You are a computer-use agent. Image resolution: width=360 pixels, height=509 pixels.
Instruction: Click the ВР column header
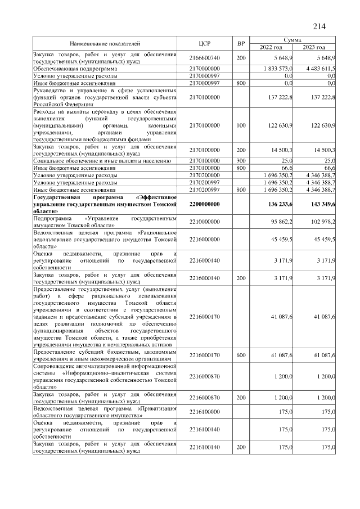click(241, 43)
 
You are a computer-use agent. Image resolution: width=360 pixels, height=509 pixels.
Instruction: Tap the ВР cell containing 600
click(241, 355)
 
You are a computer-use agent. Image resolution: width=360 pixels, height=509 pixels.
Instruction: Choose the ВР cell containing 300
click(241, 161)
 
